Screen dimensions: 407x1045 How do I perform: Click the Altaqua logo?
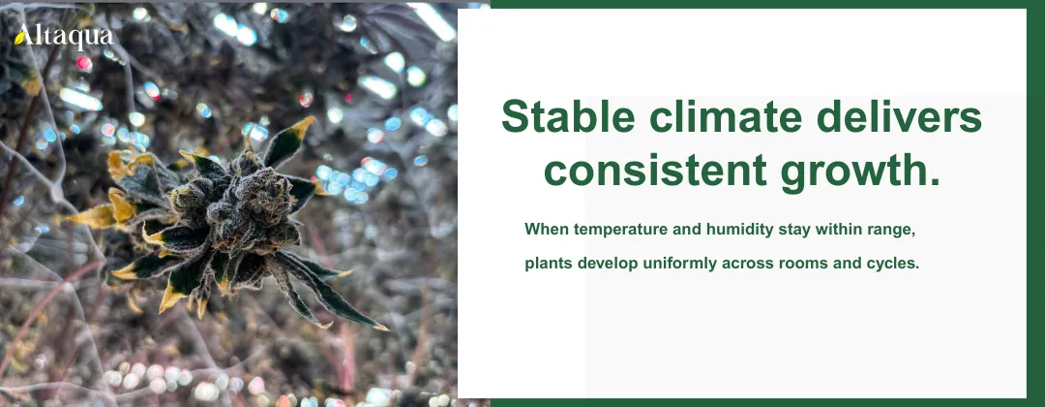tap(64, 37)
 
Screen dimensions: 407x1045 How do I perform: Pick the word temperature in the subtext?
tap(619, 230)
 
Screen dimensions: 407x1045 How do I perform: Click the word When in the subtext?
tap(546, 230)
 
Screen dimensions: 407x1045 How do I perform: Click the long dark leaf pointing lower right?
tap(329, 291)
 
